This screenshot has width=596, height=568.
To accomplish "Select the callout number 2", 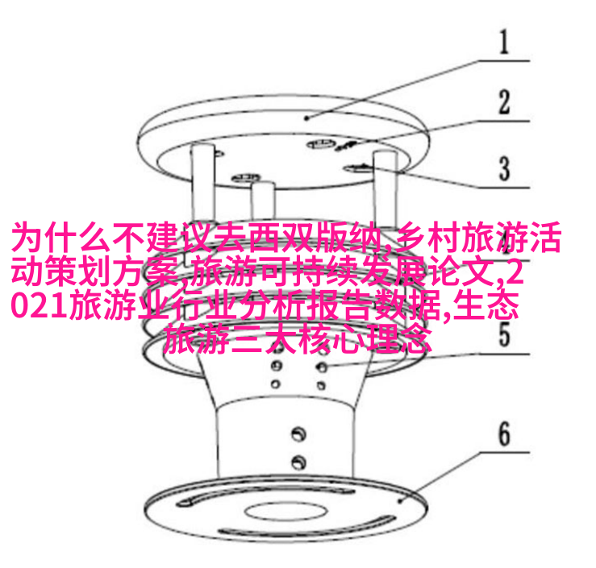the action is coord(504,102).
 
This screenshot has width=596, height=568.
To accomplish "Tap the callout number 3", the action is coord(504,168).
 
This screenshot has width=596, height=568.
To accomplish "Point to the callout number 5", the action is coord(504,334).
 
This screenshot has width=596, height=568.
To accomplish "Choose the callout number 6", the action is coord(504,433).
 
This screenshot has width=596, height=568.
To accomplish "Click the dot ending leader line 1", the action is coord(307,118).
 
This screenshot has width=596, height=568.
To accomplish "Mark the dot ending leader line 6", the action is coord(400,501).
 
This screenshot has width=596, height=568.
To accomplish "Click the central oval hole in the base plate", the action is coord(285,512).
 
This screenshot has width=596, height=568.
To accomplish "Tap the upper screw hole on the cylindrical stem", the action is coord(298,433).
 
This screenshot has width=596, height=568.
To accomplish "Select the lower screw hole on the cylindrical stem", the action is coord(298,462).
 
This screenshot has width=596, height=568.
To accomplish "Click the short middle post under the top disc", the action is coord(263,201).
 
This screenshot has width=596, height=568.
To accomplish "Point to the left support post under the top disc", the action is coord(203,181).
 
